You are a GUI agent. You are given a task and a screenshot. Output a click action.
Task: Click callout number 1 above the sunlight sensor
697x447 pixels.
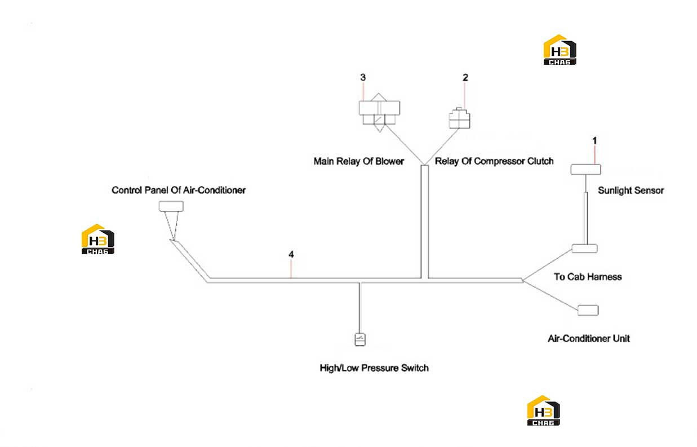tap(594, 141)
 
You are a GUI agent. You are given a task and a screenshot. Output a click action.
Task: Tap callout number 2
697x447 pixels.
tap(465, 78)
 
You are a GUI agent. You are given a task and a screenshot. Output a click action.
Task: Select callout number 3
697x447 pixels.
tap(363, 78)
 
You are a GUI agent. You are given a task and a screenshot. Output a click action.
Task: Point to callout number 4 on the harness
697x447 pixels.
tap(291, 254)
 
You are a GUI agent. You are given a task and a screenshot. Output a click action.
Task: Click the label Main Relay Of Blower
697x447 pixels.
tap(358, 161)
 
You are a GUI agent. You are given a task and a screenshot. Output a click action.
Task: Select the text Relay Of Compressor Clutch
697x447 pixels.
tap(494, 161)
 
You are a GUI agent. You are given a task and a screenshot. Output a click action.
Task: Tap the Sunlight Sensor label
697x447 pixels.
tap(631, 190)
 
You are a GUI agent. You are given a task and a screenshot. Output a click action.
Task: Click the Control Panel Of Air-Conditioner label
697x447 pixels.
tap(179, 190)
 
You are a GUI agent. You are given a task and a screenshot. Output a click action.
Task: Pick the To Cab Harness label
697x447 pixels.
tap(588, 277)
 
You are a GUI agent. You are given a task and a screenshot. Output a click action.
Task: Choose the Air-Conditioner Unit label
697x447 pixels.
tap(589, 338)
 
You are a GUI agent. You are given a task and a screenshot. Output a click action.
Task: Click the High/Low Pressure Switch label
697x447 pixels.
tap(374, 368)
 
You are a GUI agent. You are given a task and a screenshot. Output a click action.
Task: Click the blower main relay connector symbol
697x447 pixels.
tap(379, 113)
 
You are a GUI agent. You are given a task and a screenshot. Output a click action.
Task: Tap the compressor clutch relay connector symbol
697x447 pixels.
tap(459, 118)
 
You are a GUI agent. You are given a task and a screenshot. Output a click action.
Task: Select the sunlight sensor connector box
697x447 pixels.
tap(585, 170)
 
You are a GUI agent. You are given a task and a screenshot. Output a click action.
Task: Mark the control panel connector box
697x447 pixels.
tap(171, 206)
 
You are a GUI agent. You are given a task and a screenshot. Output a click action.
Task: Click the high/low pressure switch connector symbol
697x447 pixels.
tap(360, 339)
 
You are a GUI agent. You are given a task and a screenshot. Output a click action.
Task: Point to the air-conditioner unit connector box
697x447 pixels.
tap(588, 310)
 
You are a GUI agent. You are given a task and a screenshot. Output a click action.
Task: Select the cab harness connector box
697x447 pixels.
tap(585, 249)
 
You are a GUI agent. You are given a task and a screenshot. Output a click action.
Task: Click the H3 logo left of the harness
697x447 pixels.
tap(97, 239)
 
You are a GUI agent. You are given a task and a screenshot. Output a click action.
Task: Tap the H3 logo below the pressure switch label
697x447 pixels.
tap(543, 410)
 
